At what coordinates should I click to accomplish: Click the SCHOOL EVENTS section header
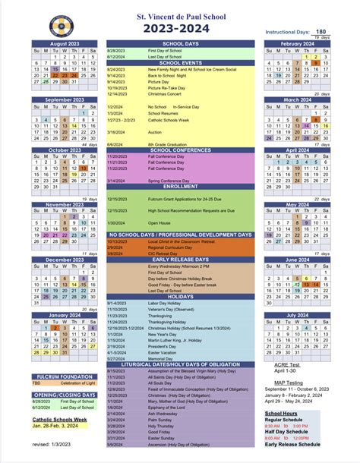click(x=181, y=63)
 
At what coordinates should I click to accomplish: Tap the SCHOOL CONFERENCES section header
click(x=181, y=150)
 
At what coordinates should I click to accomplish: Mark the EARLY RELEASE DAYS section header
click(x=181, y=259)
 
